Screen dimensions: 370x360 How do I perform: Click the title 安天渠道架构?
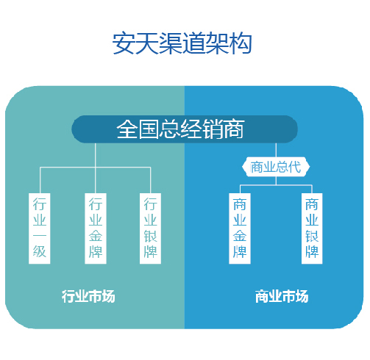tap(182, 43)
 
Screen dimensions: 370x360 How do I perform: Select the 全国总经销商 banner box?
tap(185, 129)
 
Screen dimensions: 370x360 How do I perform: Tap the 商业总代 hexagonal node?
tap(276, 167)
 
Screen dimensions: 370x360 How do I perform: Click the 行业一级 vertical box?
tap(40, 228)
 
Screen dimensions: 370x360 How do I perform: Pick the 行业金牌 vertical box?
tap(96, 228)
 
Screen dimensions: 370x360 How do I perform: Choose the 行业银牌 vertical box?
tap(150, 228)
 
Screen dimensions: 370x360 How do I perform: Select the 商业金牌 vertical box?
tap(240, 228)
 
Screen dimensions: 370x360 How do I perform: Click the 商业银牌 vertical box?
tap(312, 228)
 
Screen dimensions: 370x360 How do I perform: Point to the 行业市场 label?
tap(88, 296)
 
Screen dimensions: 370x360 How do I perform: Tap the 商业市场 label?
tap(282, 296)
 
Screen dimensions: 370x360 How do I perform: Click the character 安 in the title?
tap(124, 43)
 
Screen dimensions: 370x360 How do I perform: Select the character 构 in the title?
tap(241, 43)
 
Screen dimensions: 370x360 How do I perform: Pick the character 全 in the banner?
tap(127, 129)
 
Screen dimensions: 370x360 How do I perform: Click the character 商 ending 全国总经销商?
tap(234, 129)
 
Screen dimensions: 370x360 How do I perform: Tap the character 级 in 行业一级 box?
tap(40, 251)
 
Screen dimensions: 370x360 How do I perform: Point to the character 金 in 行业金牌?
tap(96, 236)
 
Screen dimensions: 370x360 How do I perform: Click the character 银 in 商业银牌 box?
tap(312, 236)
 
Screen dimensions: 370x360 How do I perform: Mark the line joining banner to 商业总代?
tap(276, 150)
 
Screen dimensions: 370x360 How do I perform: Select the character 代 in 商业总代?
tap(294, 167)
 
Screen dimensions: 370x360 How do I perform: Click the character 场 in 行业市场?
tap(108, 296)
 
